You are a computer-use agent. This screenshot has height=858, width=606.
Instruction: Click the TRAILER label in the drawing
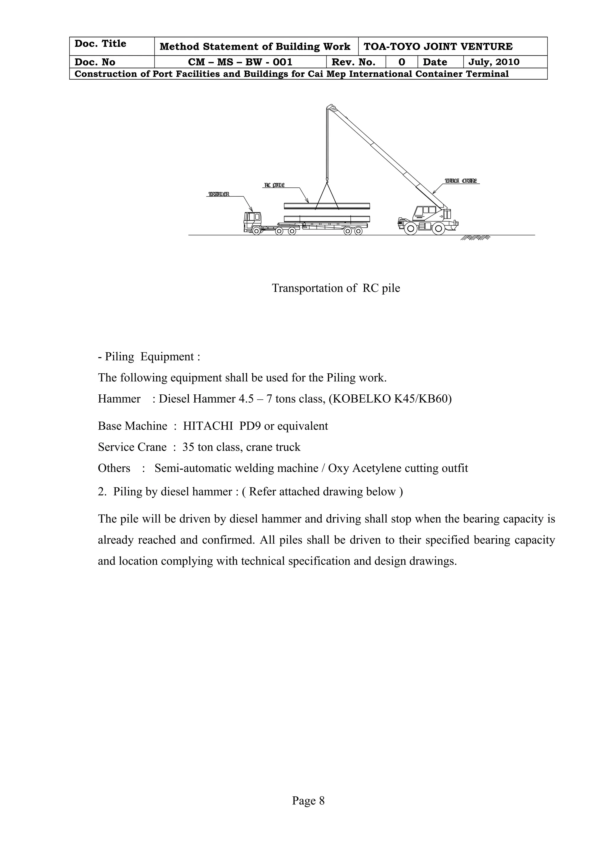click(x=219, y=194)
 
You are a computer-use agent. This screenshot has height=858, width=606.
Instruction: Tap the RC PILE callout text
click(x=274, y=185)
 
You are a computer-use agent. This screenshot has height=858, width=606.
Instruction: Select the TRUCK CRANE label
click(x=460, y=181)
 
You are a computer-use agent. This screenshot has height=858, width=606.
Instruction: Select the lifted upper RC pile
click(x=327, y=205)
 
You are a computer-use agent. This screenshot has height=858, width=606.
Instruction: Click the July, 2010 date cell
click(x=494, y=62)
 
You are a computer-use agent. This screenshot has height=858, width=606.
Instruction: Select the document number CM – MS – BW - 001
click(x=240, y=62)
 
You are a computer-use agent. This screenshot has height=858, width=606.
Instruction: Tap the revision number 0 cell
click(x=402, y=62)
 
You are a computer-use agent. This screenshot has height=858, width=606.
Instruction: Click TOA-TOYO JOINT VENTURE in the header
click(x=438, y=47)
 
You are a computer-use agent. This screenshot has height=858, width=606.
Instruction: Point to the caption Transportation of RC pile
click(x=336, y=288)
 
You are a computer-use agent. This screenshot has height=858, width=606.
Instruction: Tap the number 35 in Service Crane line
click(x=188, y=447)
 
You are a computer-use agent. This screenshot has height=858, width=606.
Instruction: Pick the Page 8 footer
click(x=308, y=801)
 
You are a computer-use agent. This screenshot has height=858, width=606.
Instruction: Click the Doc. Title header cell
click(x=100, y=44)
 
